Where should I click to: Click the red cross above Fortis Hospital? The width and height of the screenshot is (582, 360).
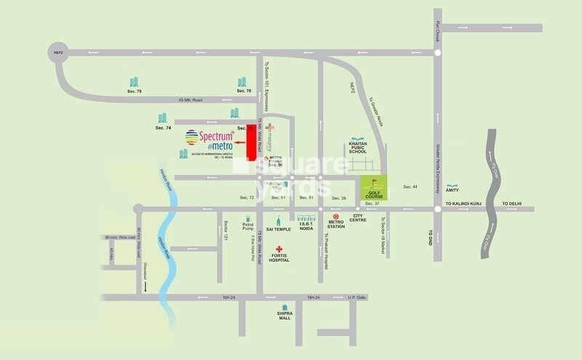click(x=278, y=249)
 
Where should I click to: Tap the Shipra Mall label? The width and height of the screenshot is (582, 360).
click(x=284, y=316)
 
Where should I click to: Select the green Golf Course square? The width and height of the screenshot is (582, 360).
click(x=375, y=188)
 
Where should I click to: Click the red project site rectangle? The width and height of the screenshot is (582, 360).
click(x=252, y=135)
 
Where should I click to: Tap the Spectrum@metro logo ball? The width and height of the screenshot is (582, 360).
click(x=192, y=137)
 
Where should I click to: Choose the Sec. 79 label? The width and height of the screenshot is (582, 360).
click(x=134, y=92)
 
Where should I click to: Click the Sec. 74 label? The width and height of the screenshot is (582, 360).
click(x=163, y=128)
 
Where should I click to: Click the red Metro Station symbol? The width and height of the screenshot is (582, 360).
click(x=335, y=217)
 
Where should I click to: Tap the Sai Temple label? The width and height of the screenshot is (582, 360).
click(x=279, y=229)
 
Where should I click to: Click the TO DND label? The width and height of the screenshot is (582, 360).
click(x=431, y=236)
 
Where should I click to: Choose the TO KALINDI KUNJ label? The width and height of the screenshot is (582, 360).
click(x=464, y=204)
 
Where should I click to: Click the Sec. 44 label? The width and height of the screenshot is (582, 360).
click(x=411, y=187)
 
